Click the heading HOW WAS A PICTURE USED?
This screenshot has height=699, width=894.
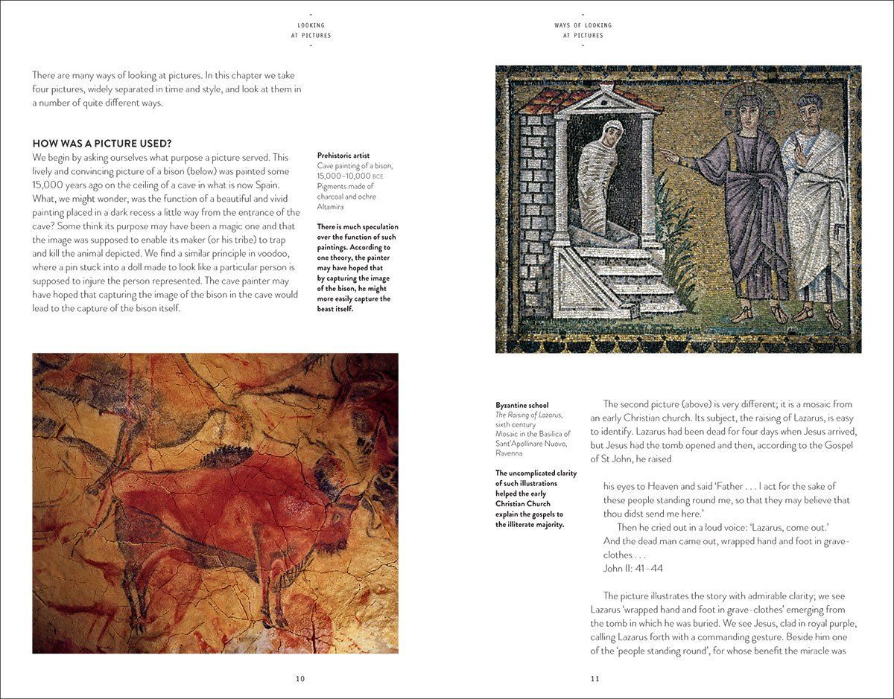tap(103, 143)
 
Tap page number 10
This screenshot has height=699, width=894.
tap(300, 678)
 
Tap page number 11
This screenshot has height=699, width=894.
tap(595, 678)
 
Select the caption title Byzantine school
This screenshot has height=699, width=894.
tap(521, 405)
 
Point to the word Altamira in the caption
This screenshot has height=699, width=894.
tap(330, 206)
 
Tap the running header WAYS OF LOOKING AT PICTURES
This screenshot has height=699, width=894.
tap(583, 31)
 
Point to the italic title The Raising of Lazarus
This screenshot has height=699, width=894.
tap(529, 415)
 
